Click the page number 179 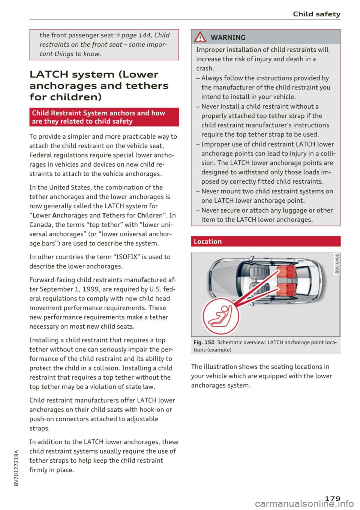332,498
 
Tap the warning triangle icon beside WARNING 201,37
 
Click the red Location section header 265,241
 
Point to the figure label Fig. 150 204,342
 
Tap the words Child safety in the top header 316,14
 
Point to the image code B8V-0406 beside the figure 337,264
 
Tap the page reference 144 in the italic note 144,35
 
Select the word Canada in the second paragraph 40,225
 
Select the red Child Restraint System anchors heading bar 104,117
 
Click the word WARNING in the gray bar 228,37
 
